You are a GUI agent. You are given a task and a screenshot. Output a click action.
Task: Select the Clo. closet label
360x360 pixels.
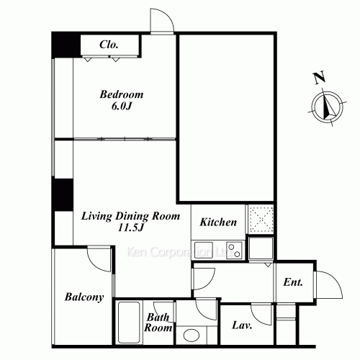tap(109, 45)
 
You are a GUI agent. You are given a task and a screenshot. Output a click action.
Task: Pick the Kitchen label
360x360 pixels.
tap(218, 222)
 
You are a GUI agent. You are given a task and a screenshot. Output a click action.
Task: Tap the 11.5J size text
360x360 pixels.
tap(128, 228)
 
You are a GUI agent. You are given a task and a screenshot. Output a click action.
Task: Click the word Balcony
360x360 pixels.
tap(84, 297)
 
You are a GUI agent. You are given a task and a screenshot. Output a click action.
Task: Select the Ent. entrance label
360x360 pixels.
tap(293, 282)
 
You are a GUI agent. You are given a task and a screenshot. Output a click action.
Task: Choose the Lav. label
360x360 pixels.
tap(241, 325)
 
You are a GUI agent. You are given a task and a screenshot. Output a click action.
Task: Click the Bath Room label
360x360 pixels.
tap(159, 322)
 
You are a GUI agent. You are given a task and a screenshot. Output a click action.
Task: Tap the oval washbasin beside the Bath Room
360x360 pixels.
tap(191, 335)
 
